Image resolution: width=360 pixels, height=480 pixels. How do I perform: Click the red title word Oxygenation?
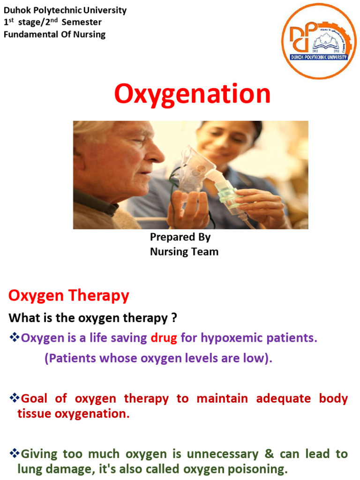pos(192,94)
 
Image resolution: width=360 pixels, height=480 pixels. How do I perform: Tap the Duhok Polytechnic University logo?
pos(319,41)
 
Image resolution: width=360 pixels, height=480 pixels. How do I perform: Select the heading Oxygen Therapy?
pos(68,296)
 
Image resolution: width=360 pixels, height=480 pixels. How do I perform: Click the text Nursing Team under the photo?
pos(184,252)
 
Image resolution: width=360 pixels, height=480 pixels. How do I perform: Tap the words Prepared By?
pos(180,237)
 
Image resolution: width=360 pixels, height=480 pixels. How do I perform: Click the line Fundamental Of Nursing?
pos(55,34)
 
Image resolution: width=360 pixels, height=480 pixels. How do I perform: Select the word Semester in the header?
pos(83,22)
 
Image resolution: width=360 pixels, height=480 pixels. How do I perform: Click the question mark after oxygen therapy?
pos(173,318)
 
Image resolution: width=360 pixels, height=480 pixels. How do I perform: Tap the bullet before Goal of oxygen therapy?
pos(14,398)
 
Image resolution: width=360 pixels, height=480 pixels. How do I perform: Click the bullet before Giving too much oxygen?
pos(14,454)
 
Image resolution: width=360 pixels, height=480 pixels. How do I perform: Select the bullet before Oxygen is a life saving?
pos(14,337)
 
